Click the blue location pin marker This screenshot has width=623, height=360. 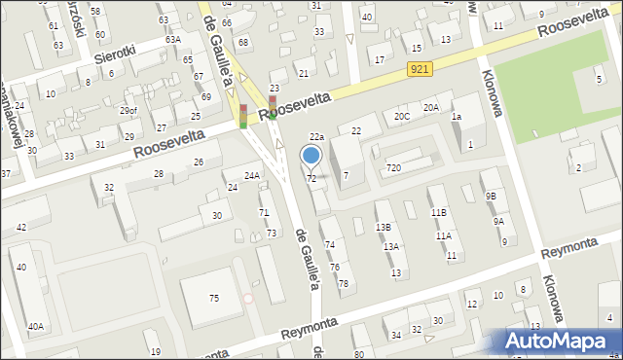point(311,156)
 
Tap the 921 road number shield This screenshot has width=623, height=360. point(420,68)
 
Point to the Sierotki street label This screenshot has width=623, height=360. point(113,56)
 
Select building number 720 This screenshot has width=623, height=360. point(393,168)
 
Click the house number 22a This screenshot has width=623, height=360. point(316,137)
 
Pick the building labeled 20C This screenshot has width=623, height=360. point(401,116)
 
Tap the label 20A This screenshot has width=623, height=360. point(430,108)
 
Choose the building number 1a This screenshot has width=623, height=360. point(456,117)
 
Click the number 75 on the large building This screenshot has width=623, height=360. point(214,298)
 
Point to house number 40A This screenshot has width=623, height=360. point(35,327)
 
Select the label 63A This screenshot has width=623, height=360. point(172,40)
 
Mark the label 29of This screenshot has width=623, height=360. point(128,111)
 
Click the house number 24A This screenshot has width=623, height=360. point(251,176)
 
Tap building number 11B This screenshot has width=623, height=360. point(439,212)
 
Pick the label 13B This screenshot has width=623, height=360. point(384,227)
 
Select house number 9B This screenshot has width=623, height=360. point(491,196)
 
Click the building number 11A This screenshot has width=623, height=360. point(443,235)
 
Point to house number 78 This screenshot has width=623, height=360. point(343,283)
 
